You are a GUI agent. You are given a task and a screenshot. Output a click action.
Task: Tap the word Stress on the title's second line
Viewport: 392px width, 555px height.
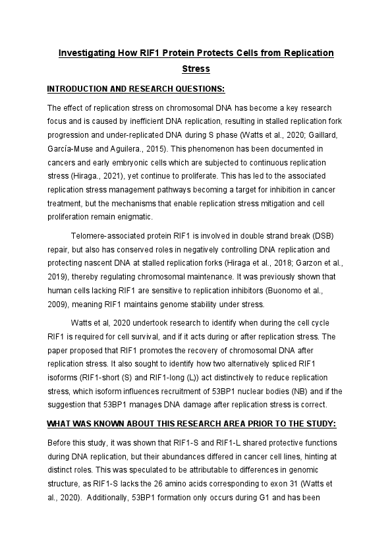pyautogui.click(x=196, y=68)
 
